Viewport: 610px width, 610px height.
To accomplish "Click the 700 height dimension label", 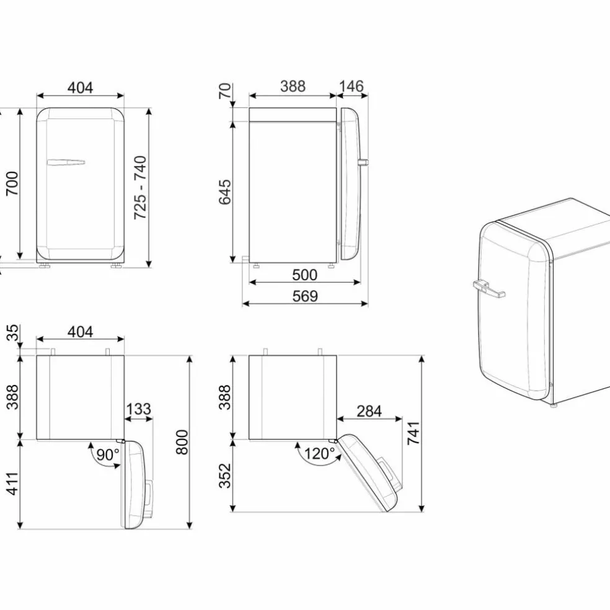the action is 12,183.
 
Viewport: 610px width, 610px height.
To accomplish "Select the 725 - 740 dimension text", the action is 140,187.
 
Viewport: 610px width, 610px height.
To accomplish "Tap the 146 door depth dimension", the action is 351,86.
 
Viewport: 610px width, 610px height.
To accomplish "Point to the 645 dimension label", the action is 225,192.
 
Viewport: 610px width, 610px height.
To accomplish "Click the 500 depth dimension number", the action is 304,275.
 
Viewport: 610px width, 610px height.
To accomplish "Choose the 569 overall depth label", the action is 305,296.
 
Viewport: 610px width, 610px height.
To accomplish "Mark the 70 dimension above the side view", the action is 225,91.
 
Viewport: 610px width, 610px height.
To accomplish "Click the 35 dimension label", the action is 12,333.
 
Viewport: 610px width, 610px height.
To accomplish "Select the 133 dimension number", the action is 138,409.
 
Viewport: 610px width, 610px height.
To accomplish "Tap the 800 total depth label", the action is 182,443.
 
